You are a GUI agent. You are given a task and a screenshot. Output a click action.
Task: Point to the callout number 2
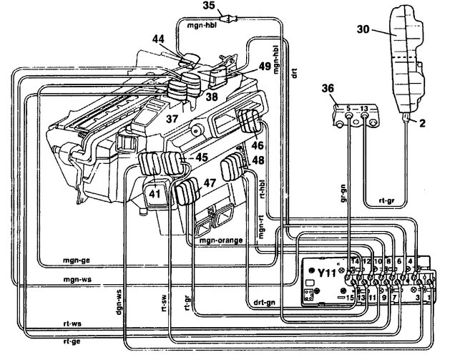pos(422,123)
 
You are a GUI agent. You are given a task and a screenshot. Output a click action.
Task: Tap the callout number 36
pos(328,89)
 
